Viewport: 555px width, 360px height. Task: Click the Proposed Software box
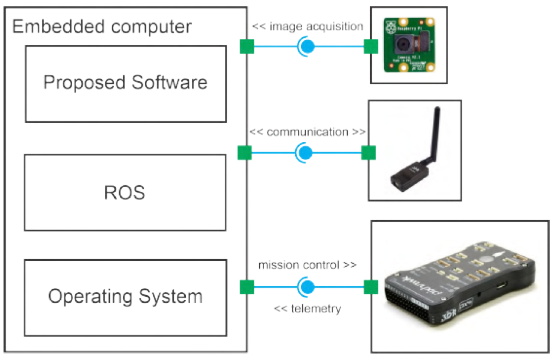[125, 83]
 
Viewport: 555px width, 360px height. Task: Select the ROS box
[125, 192]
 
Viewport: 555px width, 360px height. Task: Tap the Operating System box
[125, 296]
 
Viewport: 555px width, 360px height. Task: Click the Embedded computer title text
[102, 27]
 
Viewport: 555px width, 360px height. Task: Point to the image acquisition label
[308, 26]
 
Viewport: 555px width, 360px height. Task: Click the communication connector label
[307, 132]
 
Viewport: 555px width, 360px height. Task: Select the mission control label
[307, 265]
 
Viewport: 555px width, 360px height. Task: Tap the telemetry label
[308, 308]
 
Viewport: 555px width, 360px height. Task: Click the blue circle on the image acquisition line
[307, 46]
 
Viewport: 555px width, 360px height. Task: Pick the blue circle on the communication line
[305, 153]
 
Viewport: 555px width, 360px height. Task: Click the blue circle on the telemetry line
[306, 287]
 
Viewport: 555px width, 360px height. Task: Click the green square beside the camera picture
[371, 46]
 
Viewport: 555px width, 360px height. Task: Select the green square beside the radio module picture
[368, 153]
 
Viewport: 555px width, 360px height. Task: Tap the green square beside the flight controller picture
[371, 287]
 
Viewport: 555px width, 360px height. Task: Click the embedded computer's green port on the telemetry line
[246, 287]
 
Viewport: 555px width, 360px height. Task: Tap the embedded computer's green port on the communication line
[244, 153]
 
